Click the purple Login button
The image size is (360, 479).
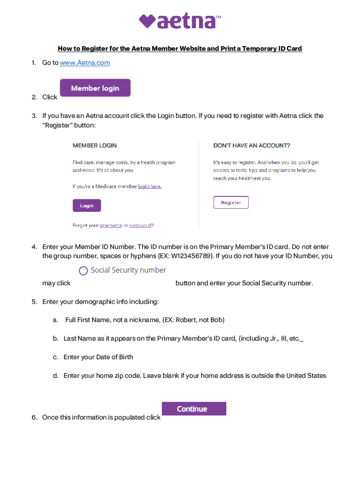[86, 205]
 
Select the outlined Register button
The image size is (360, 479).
[231, 203]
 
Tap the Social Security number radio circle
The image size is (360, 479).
[84, 271]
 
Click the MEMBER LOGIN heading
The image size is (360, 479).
[94, 145]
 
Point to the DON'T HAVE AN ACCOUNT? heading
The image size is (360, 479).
[252, 145]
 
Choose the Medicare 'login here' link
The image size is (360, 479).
[150, 186]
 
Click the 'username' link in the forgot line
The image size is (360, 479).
[111, 225]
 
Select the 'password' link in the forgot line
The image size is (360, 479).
[140, 225]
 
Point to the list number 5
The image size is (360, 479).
[34, 302]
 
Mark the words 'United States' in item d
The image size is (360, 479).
[306, 376]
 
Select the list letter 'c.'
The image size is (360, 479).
[55, 357]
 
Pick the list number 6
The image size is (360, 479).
[34, 417]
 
